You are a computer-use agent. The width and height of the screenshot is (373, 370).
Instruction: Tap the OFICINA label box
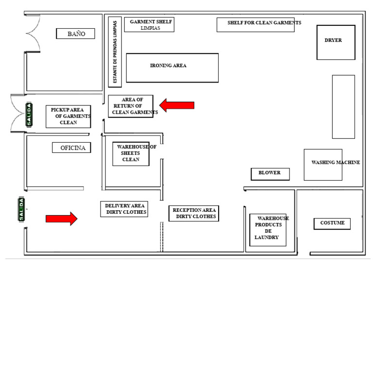(71, 148)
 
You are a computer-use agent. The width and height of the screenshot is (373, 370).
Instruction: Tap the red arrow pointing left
(177, 105)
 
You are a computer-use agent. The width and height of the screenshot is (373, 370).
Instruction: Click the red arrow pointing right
(62, 219)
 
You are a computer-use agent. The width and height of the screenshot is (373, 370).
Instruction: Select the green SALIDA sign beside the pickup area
(29, 115)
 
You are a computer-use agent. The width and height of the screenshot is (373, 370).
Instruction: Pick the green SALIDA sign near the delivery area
(21, 209)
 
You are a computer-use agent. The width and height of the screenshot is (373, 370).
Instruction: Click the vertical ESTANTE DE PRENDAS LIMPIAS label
(115, 52)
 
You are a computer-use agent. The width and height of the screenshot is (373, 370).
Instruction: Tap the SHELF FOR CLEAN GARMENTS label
(264, 23)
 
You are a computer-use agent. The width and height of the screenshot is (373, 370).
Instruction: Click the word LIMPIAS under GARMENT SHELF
(151, 28)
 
